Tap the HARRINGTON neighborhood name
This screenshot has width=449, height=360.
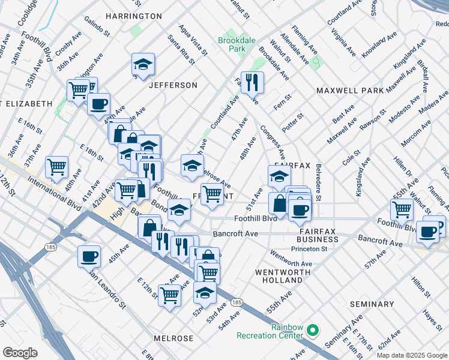(x=134, y=16)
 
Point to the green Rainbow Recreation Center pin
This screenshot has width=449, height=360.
(x=312, y=331)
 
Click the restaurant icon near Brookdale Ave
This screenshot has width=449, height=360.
(x=252, y=83)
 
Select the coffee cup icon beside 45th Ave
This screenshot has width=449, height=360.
(x=89, y=256)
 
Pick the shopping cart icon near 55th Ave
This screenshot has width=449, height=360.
(x=402, y=209)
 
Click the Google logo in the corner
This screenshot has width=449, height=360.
(x=20, y=352)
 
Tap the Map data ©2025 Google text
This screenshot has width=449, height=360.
(x=412, y=355)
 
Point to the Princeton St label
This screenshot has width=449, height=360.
(x=309, y=249)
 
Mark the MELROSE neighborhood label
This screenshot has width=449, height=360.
(x=173, y=338)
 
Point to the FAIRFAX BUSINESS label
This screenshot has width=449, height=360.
(x=318, y=235)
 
